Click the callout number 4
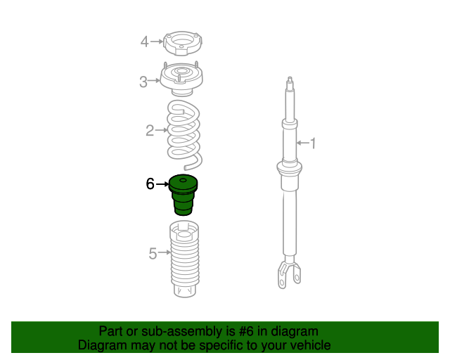[x=144, y=41]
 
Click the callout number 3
[x=143, y=82]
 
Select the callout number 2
[x=150, y=131]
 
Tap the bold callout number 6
[x=150, y=184]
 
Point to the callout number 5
[x=153, y=254]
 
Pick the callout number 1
[x=313, y=143]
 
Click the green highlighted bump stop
[x=183, y=195]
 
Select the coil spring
[x=184, y=135]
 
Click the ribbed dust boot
[x=184, y=259]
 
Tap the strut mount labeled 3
[x=181, y=79]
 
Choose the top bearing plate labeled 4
[x=183, y=44]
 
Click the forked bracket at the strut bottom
[x=289, y=273]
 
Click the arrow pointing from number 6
[x=162, y=184]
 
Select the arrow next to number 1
[x=303, y=143]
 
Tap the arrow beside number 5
[x=165, y=252]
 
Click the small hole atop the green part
[x=183, y=180]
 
